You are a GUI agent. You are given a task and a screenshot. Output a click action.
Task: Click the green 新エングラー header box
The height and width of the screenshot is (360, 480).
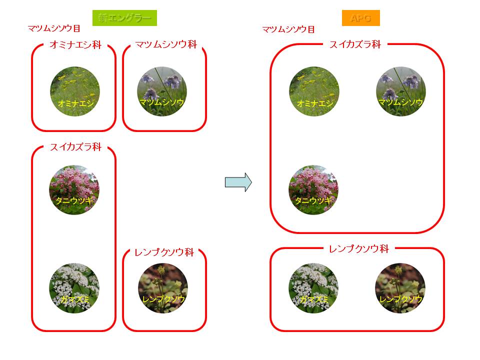click(124, 18)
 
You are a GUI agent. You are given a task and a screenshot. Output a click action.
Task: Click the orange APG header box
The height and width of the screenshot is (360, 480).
click(360, 18)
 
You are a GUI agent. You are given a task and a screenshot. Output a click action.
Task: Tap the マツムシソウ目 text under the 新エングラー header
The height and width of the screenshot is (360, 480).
click(54, 28)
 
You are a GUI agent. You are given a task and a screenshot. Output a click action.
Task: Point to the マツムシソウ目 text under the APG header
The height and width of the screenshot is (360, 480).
click(288, 29)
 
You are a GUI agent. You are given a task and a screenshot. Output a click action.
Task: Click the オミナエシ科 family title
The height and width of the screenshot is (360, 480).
click(75, 45)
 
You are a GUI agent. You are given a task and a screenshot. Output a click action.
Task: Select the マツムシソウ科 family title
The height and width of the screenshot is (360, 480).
click(166, 45)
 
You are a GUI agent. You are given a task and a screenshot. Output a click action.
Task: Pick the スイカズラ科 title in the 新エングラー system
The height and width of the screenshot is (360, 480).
click(75, 147)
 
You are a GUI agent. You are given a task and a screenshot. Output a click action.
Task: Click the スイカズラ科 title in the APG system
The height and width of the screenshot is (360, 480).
click(355, 44)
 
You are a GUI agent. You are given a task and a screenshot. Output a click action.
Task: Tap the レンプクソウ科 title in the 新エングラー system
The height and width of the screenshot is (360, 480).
click(164, 252)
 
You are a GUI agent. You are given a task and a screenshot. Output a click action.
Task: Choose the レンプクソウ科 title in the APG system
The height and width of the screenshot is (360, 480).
click(358, 248)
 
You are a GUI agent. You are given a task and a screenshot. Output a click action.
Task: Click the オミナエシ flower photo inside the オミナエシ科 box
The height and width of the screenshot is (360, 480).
click(74, 91)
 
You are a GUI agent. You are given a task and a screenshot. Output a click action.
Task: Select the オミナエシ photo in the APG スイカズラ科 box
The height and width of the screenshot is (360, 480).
click(314, 91)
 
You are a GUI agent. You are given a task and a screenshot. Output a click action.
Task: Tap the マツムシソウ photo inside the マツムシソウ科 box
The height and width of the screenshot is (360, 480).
click(162, 91)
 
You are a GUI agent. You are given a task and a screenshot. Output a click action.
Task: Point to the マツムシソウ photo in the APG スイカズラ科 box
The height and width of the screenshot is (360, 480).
click(400, 91)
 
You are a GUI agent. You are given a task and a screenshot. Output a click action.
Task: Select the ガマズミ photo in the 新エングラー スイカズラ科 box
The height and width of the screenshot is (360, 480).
click(74, 288)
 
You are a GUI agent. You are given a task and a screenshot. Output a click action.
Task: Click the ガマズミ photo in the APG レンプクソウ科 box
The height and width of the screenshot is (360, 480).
click(313, 288)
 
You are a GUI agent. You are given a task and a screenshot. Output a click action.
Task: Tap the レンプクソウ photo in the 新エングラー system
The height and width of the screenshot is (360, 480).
click(162, 288)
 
